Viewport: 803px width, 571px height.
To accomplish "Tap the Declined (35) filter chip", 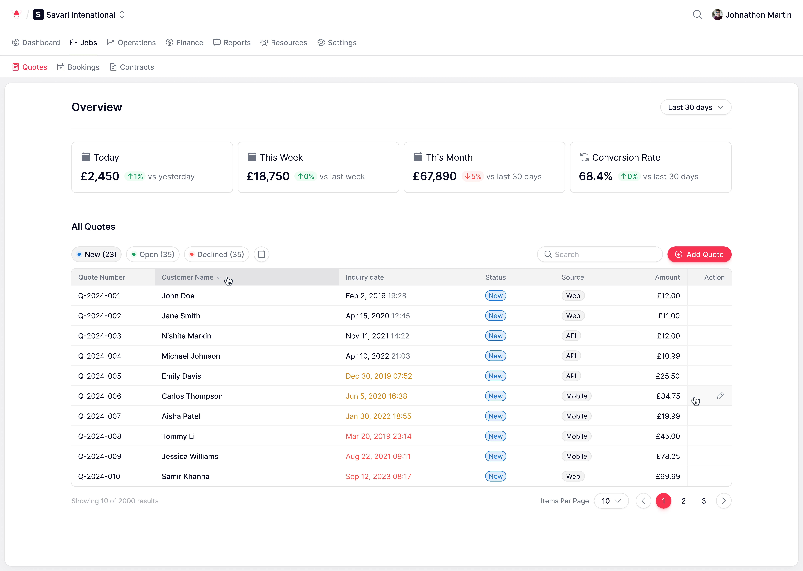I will (x=217, y=254).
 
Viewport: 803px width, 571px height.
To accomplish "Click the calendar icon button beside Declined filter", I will (x=261, y=254).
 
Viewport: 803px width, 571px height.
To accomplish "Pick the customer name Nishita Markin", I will (x=186, y=336).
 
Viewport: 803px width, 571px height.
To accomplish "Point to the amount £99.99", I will (x=668, y=476).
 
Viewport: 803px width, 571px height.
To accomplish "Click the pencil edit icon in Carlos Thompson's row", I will (x=720, y=396).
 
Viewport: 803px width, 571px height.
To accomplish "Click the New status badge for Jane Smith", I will (x=495, y=316).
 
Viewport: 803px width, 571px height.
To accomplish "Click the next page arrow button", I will (x=724, y=501).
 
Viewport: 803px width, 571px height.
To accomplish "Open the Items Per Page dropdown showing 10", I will (x=611, y=501).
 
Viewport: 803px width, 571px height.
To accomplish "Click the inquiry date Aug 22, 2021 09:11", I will (x=378, y=456).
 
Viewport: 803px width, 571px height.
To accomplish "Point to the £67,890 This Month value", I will (x=435, y=176).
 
